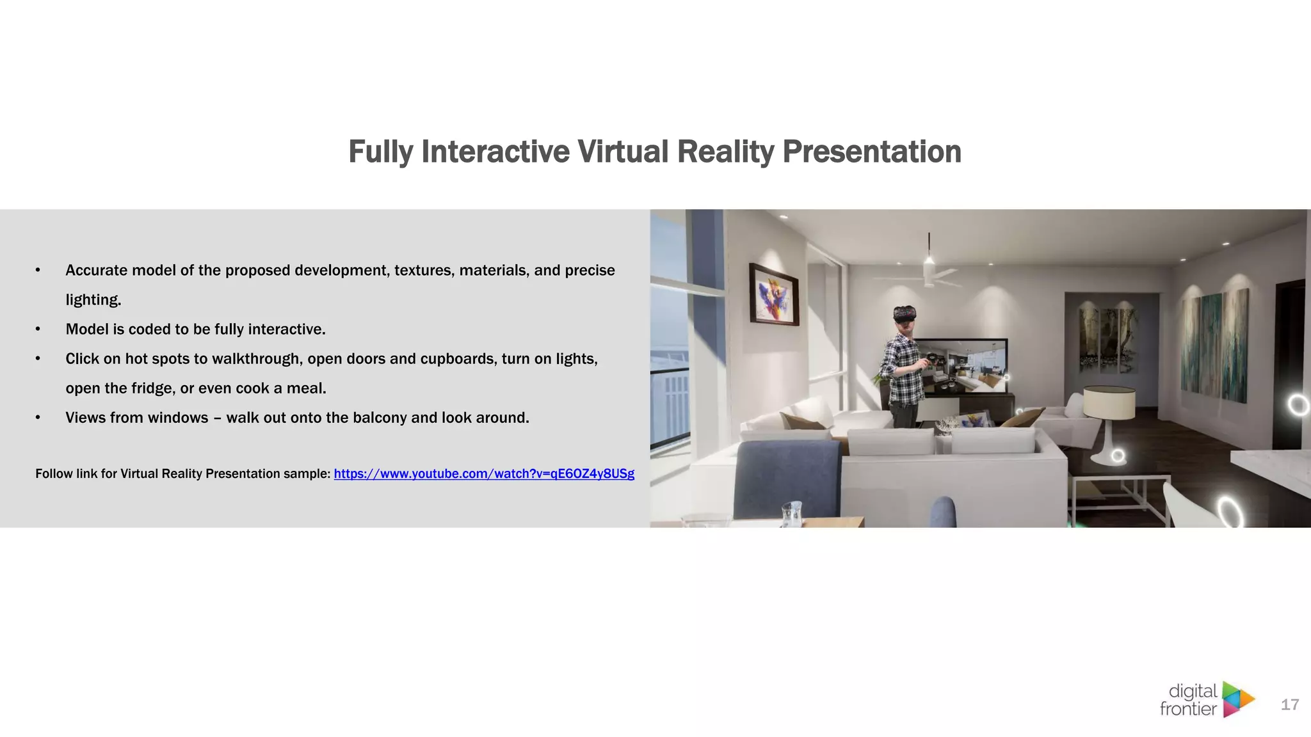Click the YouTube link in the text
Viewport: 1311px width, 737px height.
pos(484,474)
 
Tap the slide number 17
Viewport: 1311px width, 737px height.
pos(1289,705)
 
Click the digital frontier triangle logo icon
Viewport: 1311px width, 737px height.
pos(1238,699)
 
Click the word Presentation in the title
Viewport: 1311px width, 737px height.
pos(871,152)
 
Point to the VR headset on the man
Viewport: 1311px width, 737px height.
pos(905,313)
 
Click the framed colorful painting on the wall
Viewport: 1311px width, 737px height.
pos(775,295)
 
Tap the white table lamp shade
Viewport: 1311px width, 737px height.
pos(1109,402)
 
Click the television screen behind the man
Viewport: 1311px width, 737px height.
pos(960,365)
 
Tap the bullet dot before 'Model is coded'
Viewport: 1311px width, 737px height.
pos(38,329)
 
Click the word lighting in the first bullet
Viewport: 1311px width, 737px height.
pos(93,300)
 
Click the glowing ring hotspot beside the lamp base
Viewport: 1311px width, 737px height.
pos(1118,456)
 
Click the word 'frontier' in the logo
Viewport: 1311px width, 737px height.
pos(1187,709)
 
